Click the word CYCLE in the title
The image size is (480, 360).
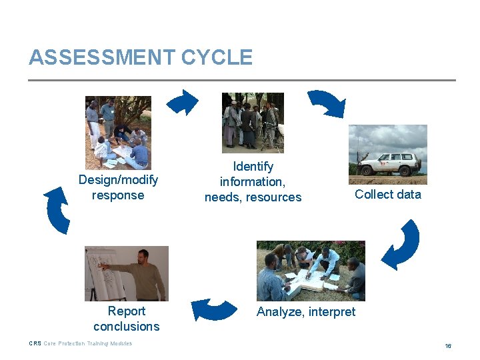[217, 57]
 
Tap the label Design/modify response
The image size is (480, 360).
[118, 187]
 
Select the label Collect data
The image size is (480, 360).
[387, 194]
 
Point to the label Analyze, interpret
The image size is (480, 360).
[306, 311]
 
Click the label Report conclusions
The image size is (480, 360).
[126, 319]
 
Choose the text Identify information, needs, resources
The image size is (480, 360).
[253, 181]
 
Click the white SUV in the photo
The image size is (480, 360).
[389, 164]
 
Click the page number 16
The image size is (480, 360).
[448, 346]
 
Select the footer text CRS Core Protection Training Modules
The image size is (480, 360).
[80, 343]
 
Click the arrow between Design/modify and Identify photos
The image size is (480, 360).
[182, 103]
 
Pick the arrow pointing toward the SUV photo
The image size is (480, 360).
[327, 103]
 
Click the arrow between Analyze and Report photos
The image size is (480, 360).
[213, 309]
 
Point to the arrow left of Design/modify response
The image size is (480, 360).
[57, 209]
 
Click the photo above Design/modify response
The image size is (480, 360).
[118, 132]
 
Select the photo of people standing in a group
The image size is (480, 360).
[253, 123]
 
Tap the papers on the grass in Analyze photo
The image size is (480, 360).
[307, 280]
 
